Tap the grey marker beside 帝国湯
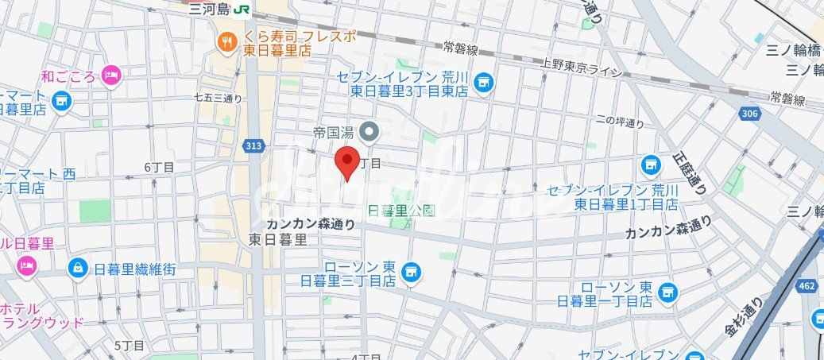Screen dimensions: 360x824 (x=369, y=130)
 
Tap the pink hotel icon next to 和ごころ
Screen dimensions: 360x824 (x=110, y=76)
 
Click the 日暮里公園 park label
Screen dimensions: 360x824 (x=403, y=211)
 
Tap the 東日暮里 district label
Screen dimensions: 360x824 (x=278, y=238)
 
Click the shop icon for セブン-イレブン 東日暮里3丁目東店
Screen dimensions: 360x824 (x=483, y=80)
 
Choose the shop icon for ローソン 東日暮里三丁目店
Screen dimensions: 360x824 (x=411, y=272)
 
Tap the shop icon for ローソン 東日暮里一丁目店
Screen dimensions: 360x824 (x=667, y=291)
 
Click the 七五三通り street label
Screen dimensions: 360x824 (x=217, y=99)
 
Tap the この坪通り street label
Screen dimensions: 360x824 (x=620, y=122)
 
